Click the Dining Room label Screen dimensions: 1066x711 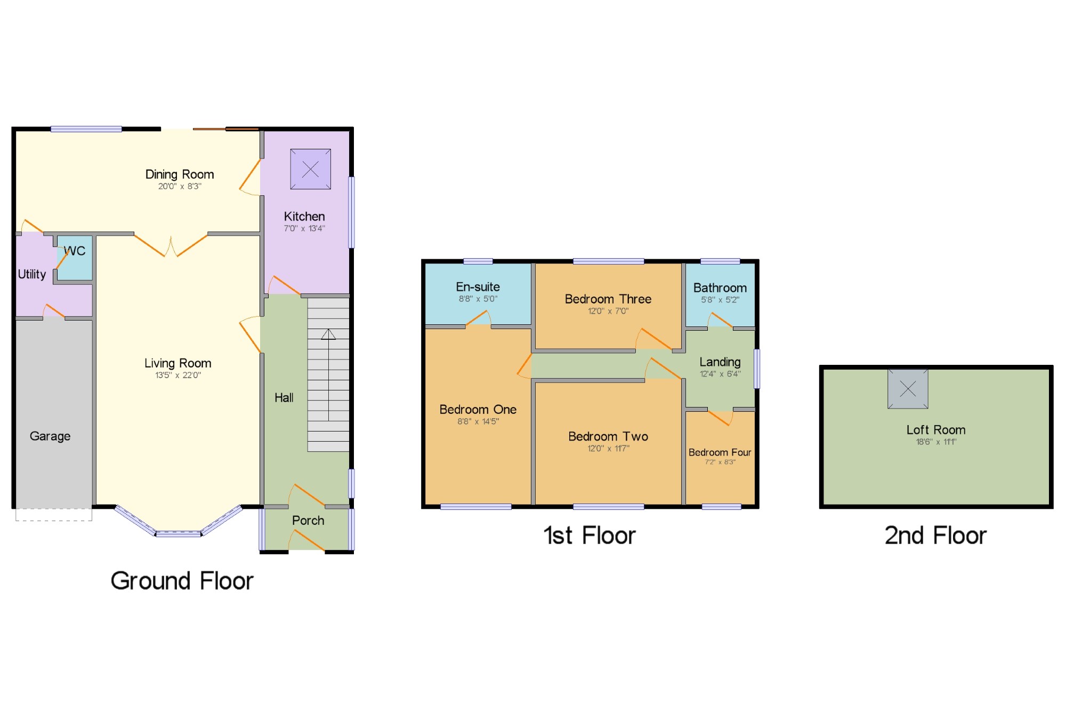coord(180,174)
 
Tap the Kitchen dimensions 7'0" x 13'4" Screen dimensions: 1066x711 coord(304,228)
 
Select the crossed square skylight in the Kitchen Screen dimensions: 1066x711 coord(310,169)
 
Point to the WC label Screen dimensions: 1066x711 coord(75,251)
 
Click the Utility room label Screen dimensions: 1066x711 coord(32,274)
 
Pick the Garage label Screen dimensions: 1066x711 coord(50,436)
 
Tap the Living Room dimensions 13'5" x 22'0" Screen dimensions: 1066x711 coord(178,375)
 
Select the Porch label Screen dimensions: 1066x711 coord(308,521)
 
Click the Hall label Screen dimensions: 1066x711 coord(284,397)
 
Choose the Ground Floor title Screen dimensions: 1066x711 coord(182,581)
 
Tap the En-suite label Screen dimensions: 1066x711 coord(478,287)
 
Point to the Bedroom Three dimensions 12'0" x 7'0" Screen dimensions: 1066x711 coord(608,311)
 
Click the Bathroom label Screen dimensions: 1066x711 coord(720,288)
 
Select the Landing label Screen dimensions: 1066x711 coord(720,362)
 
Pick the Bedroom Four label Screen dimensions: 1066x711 coord(720,452)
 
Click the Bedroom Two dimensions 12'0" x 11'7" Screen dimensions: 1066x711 coord(608,449)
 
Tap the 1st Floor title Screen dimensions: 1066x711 coord(589,536)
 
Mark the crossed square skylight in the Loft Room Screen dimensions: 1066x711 coord(908,389)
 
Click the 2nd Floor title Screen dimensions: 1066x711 coord(936,536)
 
